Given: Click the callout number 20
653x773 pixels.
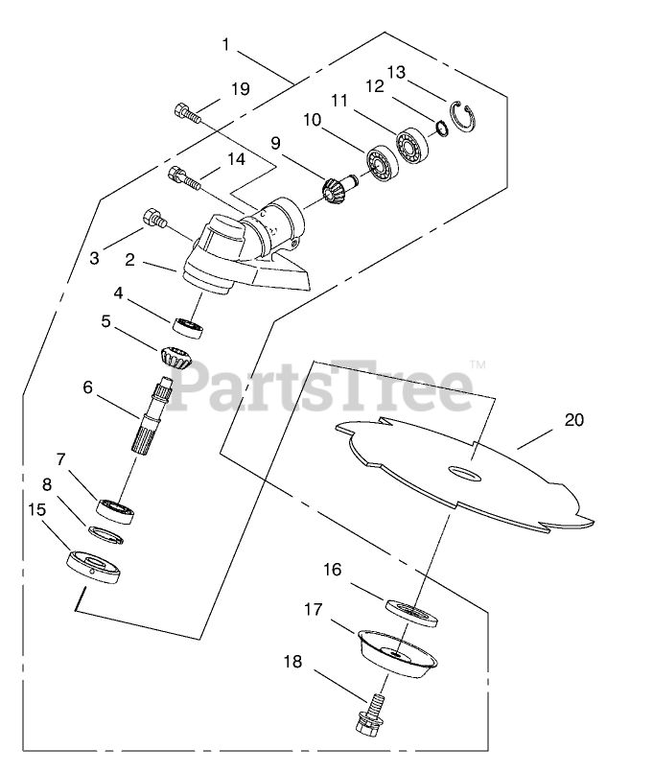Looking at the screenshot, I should (x=574, y=420).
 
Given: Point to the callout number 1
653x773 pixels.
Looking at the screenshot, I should (x=225, y=44).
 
